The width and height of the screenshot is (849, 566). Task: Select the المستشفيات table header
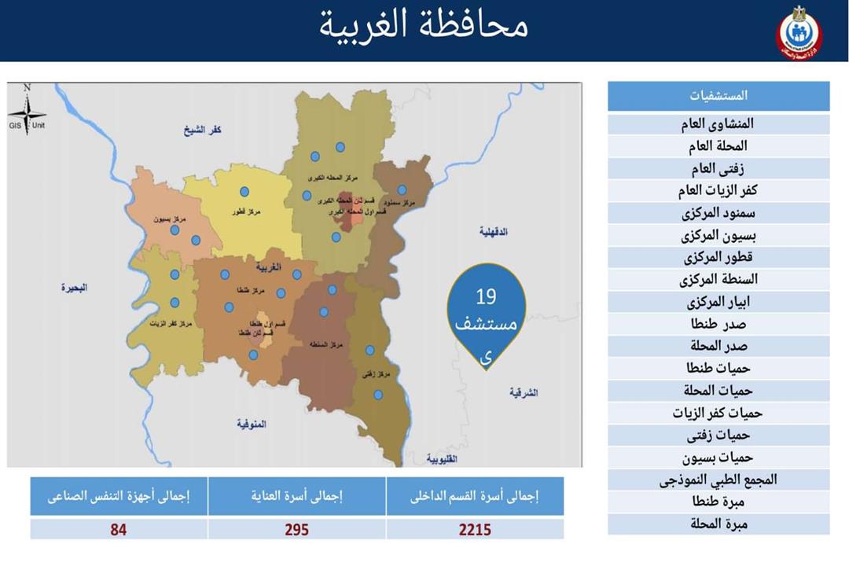pyautogui.click(x=719, y=96)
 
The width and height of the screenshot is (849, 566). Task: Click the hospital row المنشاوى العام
pyautogui.click(x=719, y=124)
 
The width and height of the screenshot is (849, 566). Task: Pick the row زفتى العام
pyautogui.click(x=719, y=168)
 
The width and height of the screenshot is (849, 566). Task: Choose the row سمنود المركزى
pyautogui.click(x=719, y=213)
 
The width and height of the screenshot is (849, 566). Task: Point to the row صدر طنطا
pyautogui.click(x=719, y=324)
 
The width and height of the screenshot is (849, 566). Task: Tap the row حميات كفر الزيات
pyautogui.click(x=719, y=413)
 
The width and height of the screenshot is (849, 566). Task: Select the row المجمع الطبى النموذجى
pyautogui.click(x=719, y=480)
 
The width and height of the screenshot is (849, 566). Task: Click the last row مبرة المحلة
pyautogui.click(x=719, y=524)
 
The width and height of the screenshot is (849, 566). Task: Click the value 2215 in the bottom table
pyautogui.click(x=475, y=530)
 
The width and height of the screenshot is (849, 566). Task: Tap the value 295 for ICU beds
pyautogui.click(x=296, y=530)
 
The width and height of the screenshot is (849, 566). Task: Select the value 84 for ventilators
pyautogui.click(x=119, y=530)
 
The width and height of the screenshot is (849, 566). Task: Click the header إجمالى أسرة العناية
pyautogui.click(x=296, y=497)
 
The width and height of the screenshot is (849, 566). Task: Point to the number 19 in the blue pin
pyautogui.click(x=487, y=297)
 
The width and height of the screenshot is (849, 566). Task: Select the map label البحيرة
pyautogui.click(x=75, y=288)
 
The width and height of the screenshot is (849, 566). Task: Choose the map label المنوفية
pyautogui.click(x=252, y=424)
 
